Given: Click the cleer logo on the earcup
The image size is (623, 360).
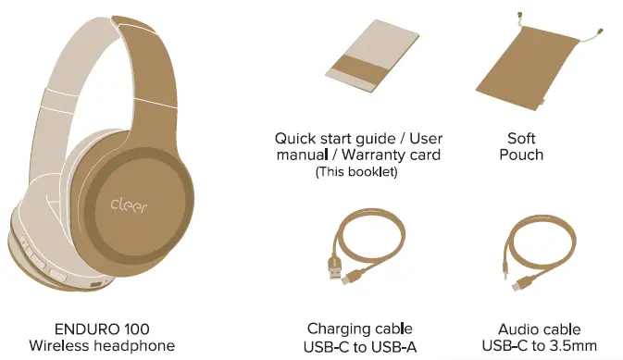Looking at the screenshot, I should [133, 204].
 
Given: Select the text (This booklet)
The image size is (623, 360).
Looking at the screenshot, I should [356, 172].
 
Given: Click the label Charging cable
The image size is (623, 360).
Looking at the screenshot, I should [359, 329].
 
